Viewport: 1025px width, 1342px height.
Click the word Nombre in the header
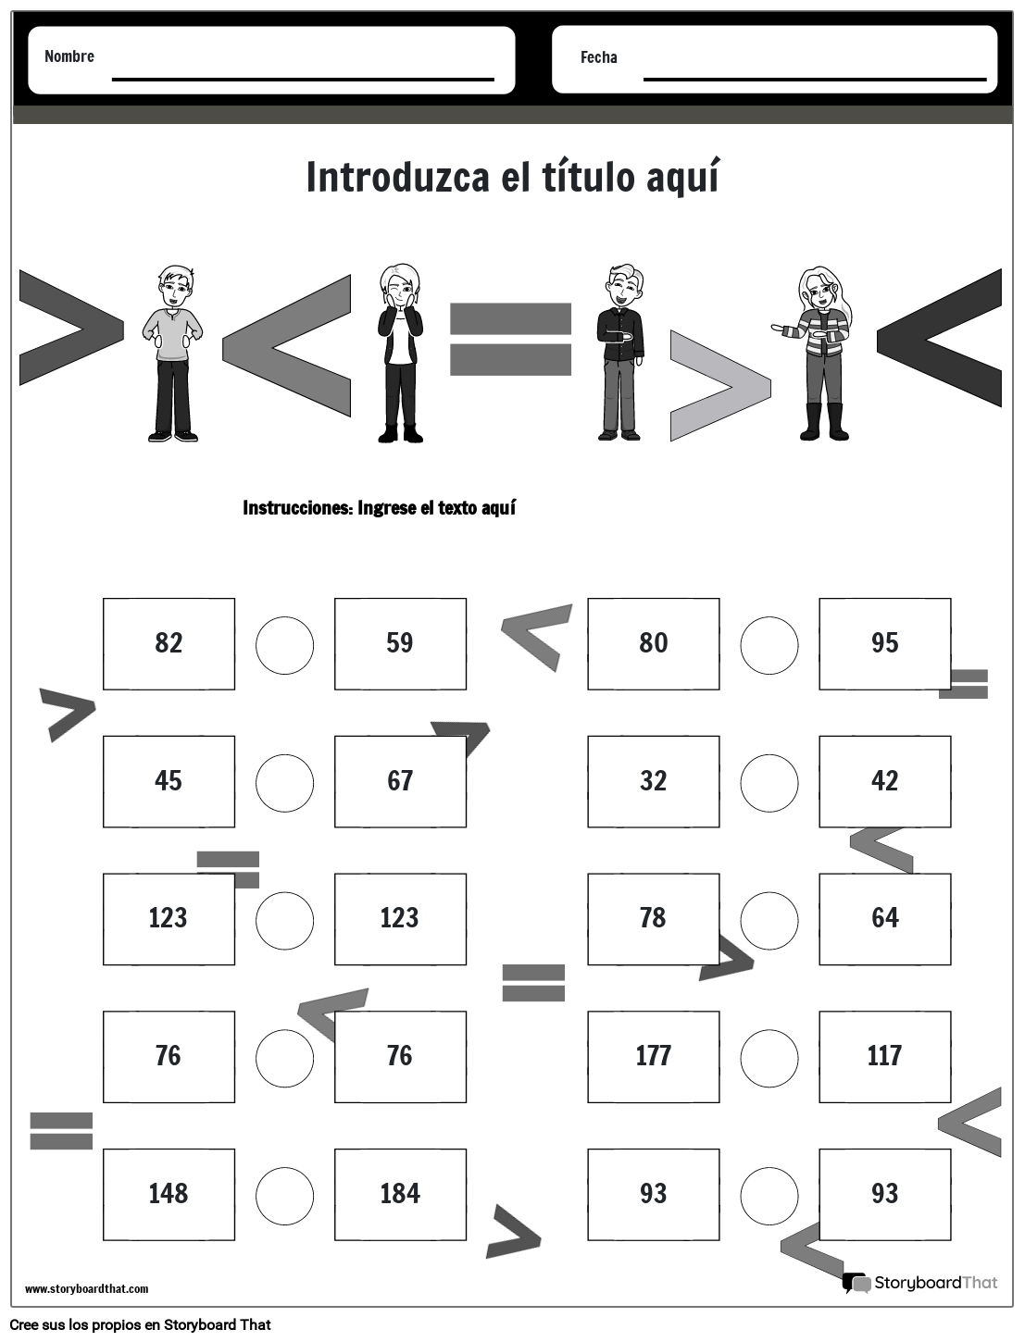tap(69, 56)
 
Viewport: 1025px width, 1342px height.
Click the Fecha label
tap(598, 57)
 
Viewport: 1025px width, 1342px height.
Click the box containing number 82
tap(169, 643)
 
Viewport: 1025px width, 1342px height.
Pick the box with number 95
tap(884, 643)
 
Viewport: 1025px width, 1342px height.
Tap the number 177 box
tap(653, 1056)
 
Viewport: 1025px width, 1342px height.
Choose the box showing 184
tap(400, 1194)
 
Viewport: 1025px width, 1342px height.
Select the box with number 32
tap(653, 781)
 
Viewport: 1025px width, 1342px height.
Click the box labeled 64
tap(884, 918)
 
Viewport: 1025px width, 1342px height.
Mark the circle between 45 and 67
tap(284, 782)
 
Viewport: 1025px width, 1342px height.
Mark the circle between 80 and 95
tap(769, 644)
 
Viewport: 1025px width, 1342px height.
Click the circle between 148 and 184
tap(284, 1195)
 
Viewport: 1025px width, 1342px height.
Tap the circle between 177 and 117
tap(769, 1057)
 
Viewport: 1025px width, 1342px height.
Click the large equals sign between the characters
tap(510, 340)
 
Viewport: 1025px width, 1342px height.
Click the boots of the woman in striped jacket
tap(826, 423)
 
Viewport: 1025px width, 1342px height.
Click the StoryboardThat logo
tap(920, 1283)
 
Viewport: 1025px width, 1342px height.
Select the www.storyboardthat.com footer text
tap(86, 1288)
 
